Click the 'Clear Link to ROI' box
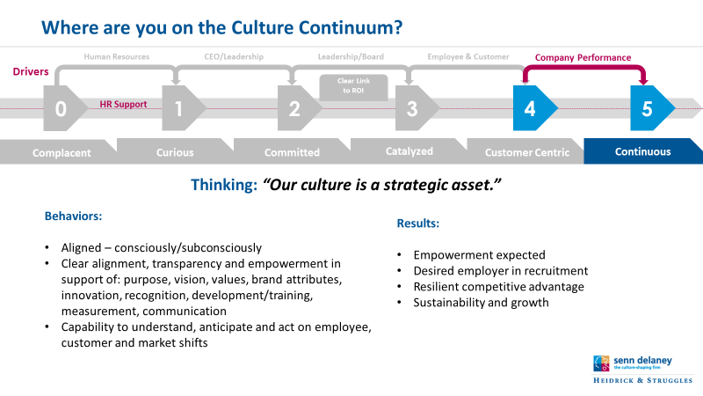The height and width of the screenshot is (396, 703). click(x=354, y=87)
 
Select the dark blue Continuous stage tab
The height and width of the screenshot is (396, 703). click(x=643, y=151)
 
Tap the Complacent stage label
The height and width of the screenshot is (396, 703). click(x=62, y=153)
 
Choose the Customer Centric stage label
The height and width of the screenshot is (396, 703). click(x=527, y=152)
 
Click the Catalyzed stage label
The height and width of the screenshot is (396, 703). click(x=409, y=151)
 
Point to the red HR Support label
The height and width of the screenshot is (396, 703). click(x=123, y=104)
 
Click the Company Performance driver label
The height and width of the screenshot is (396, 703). click(x=583, y=57)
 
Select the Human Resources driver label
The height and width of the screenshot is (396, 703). click(x=117, y=56)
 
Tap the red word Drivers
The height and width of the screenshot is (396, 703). click(x=31, y=71)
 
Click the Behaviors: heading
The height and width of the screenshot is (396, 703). click(x=74, y=216)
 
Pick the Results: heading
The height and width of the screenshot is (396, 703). click(x=418, y=224)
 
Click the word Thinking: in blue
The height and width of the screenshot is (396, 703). click(x=224, y=185)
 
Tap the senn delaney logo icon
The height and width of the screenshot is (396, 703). click(x=601, y=363)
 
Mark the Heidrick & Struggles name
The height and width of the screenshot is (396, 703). click(x=643, y=380)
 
